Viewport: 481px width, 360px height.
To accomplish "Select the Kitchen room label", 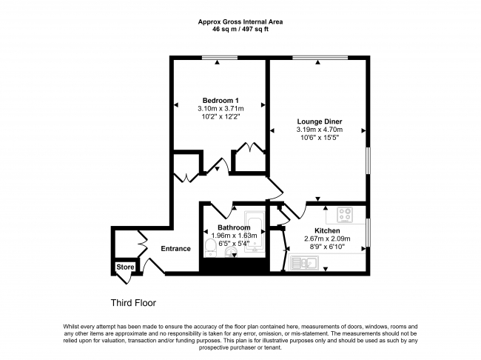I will click(326, 230).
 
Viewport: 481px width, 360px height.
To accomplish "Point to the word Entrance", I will click(176, 249).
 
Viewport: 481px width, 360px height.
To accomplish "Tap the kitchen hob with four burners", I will click(346, 214).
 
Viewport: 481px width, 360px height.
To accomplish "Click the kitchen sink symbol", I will click(305, 261).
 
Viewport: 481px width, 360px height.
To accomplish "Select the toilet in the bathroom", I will click(210, 246).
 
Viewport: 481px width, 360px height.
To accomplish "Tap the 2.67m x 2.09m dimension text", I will click(326, 239).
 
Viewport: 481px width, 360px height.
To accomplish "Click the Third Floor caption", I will click(133, 303).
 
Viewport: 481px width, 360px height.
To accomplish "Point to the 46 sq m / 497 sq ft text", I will click(240, 29).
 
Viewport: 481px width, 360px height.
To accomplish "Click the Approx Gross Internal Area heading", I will click(240, 21).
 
